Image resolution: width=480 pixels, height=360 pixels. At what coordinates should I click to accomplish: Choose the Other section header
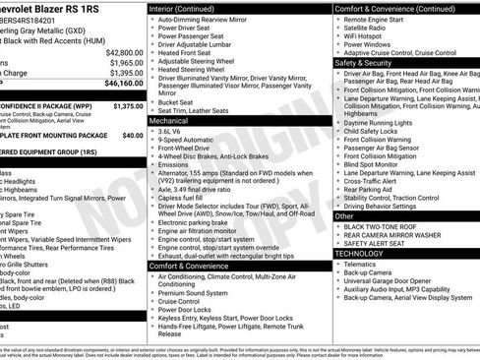tap(344, 215)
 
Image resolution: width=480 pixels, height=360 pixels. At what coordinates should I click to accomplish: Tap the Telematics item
tap(361, 264)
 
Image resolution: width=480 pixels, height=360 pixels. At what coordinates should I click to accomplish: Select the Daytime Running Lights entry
tap(379, 121)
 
